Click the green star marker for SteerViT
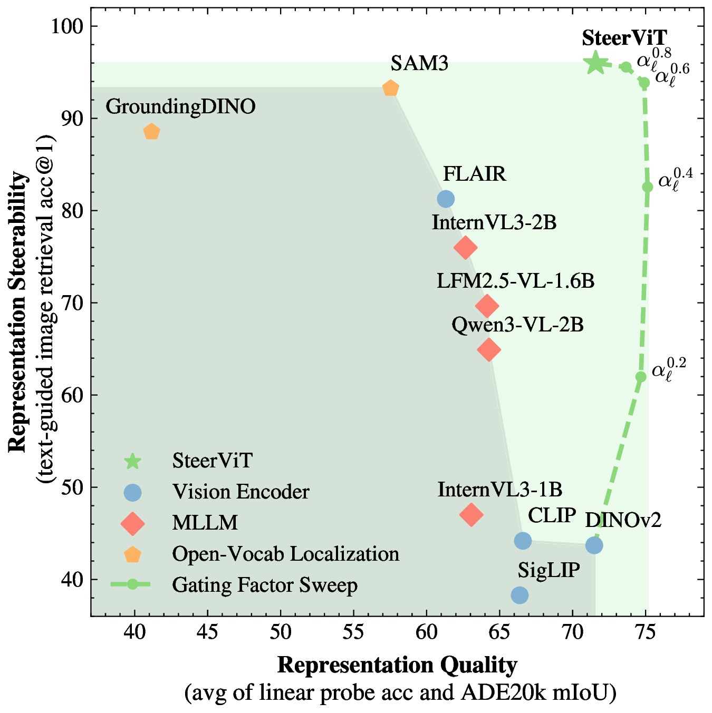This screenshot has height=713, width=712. tap(595, 63)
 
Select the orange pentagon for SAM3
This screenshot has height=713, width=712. tap(390, 88)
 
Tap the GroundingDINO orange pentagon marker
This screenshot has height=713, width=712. tap(151, 132)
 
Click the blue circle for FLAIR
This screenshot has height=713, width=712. tap(446, 199)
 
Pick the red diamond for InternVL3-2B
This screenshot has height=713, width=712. tap(465, 247)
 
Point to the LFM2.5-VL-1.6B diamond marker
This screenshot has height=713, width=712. tap(487, 306)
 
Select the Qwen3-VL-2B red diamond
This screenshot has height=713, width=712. tap(489, 349)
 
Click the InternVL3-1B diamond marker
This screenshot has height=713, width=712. tap(471, 514)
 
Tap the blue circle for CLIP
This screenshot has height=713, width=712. tap(523, 540)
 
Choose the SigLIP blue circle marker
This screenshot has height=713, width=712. tap(519, 595)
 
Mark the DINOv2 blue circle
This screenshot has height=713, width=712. tap(594, 545)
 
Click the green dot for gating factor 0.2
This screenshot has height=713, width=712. tap(641, 377)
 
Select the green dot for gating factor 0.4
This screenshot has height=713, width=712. tap(648, 187)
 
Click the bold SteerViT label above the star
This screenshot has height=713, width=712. tap(624, 38)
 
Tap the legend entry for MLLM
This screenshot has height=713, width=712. tap(205, 523)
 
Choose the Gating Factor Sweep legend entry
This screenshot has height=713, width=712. tap(264, 585)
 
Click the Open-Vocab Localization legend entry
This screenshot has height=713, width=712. tap(285, 554)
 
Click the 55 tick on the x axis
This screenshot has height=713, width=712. tap(353, 632)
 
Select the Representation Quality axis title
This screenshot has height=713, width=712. tap(397, 666)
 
